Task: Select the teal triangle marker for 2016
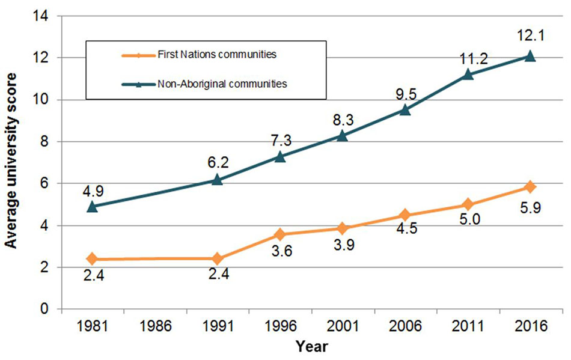530,56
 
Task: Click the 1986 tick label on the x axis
155,328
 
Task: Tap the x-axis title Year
311,347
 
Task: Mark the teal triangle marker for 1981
93,206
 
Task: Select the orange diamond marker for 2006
405,215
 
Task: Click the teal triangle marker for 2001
343,135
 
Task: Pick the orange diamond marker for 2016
530,187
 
